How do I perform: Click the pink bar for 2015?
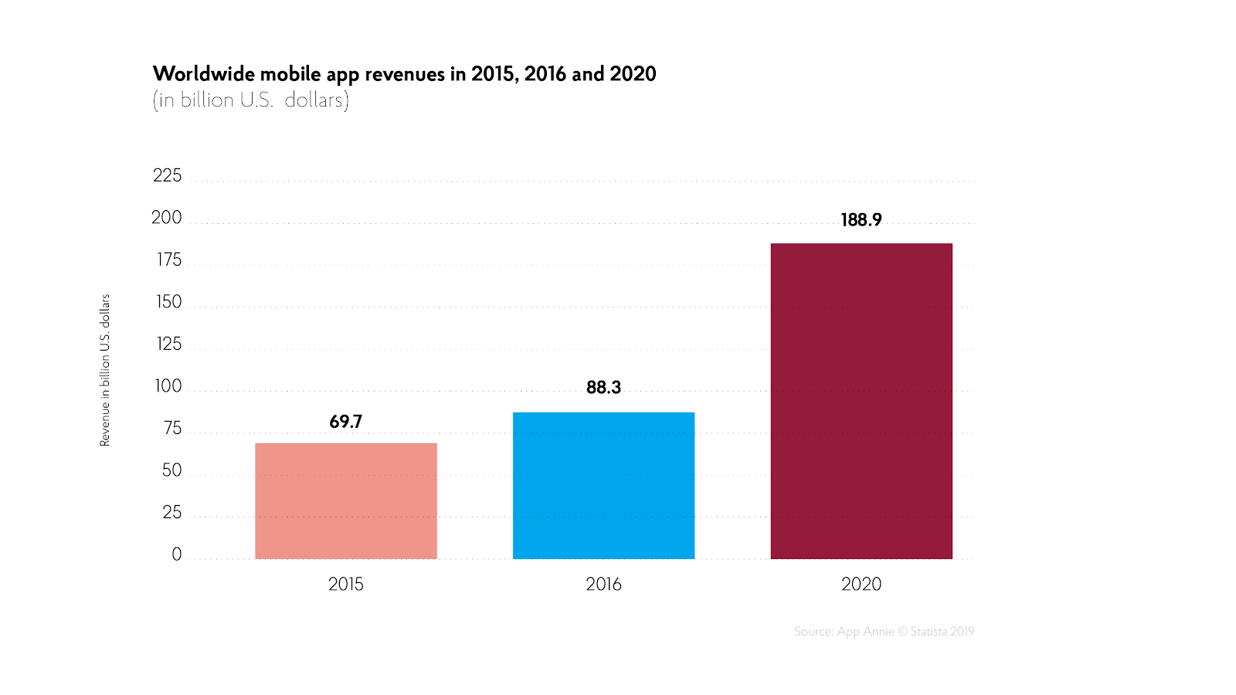point(346,501)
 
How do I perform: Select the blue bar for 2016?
point(603,486)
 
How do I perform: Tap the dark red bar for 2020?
point(861,401)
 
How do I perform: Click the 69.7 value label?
point(345,422)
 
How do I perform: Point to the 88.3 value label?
point(603,388)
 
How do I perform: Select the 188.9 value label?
point(861,220)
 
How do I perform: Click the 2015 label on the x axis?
point(345,585)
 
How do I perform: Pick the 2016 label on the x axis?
point(603,585)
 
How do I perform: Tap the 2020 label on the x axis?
point(861,585)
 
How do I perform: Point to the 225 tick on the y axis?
point(168,176)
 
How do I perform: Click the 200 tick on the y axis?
point(167,218)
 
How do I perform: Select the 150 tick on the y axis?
point(168,302)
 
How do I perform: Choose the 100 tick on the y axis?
point(168,386)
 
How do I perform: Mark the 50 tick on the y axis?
point(171,470)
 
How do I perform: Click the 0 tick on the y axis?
point(177,554)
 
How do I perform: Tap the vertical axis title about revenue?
point(105,370)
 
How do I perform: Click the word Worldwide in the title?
point(203,74)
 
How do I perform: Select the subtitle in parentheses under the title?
point(251,100)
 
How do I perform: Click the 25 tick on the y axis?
point(171,513)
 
